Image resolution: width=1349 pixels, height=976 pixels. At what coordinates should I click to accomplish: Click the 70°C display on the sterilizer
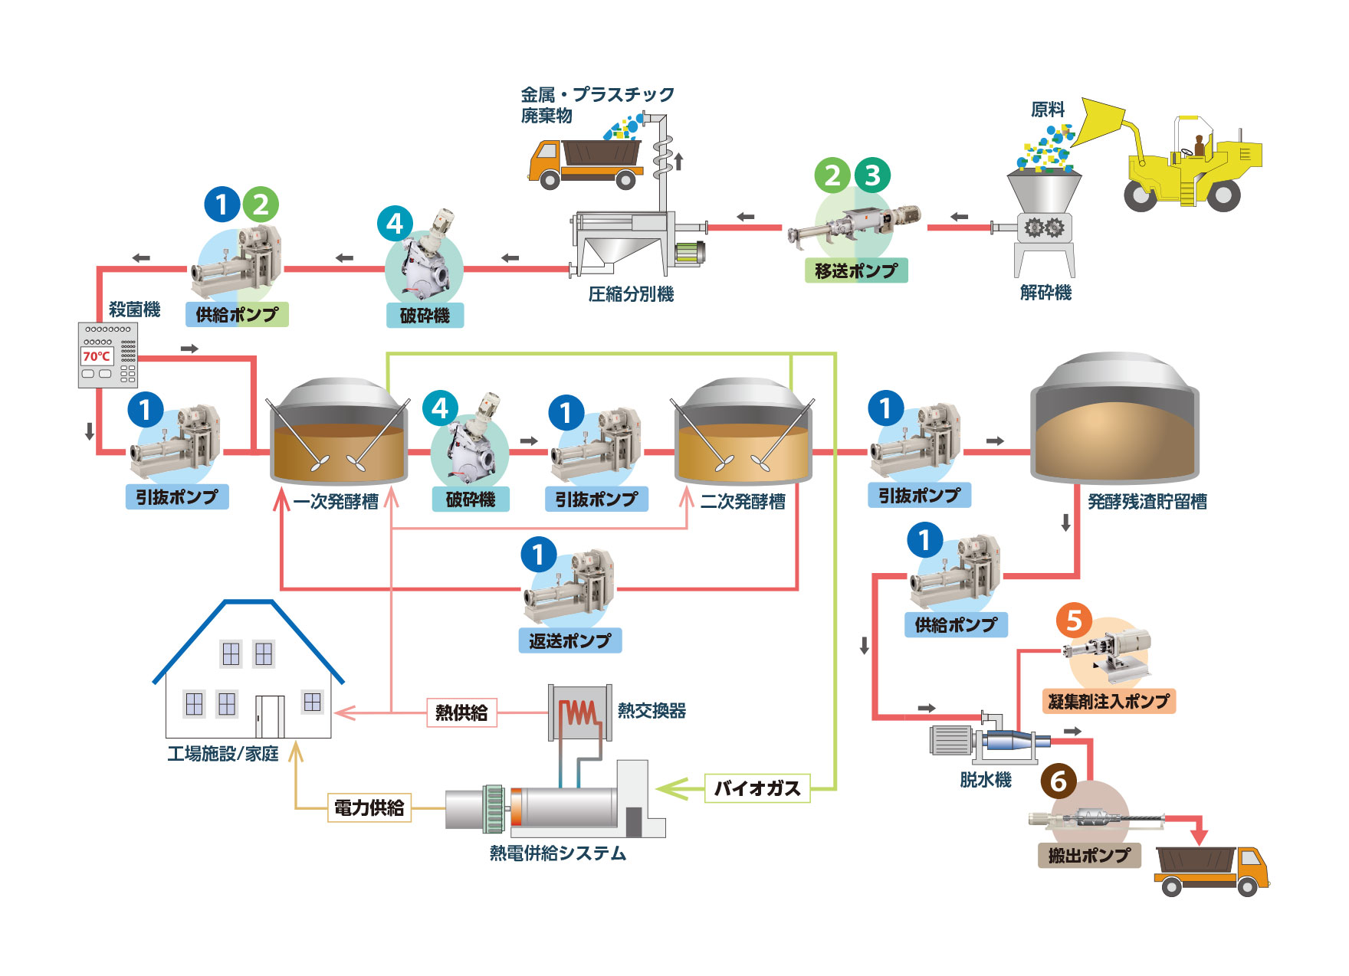point(97,356)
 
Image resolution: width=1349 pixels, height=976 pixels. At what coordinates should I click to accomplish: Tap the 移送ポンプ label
point(856,271)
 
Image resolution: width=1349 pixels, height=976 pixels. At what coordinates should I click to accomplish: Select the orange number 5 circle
point(1074,621)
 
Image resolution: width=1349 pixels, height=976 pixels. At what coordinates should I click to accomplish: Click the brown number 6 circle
point(1059,781)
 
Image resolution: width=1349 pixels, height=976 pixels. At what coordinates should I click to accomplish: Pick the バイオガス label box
point(757,788)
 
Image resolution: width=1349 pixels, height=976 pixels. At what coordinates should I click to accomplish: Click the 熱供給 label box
point(461,712)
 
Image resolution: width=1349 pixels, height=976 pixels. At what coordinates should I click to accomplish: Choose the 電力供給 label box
point(369,807)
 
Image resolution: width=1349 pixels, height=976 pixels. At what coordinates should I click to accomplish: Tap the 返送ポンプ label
point(569,641)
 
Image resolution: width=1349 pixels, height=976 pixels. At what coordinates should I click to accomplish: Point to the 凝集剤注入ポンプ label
point(1108,701)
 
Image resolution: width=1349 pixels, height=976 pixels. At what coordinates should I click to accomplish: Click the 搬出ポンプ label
point(1089,855)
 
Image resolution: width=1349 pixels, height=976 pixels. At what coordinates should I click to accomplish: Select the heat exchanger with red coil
point(580,712)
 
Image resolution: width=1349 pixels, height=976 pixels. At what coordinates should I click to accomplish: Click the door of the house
point(269,717)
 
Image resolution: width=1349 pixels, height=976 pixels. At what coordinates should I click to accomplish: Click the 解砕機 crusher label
point(1045,293)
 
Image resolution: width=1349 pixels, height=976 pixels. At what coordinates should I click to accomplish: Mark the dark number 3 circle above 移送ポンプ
point(872,175)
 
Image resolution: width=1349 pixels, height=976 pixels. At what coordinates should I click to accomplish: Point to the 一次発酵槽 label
point(336,502)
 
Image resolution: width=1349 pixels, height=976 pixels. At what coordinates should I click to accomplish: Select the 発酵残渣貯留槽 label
point(1147,502)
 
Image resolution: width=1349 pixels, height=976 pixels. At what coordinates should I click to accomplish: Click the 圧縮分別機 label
point(631,294)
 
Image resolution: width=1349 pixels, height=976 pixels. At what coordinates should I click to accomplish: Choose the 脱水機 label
point(986,780)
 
